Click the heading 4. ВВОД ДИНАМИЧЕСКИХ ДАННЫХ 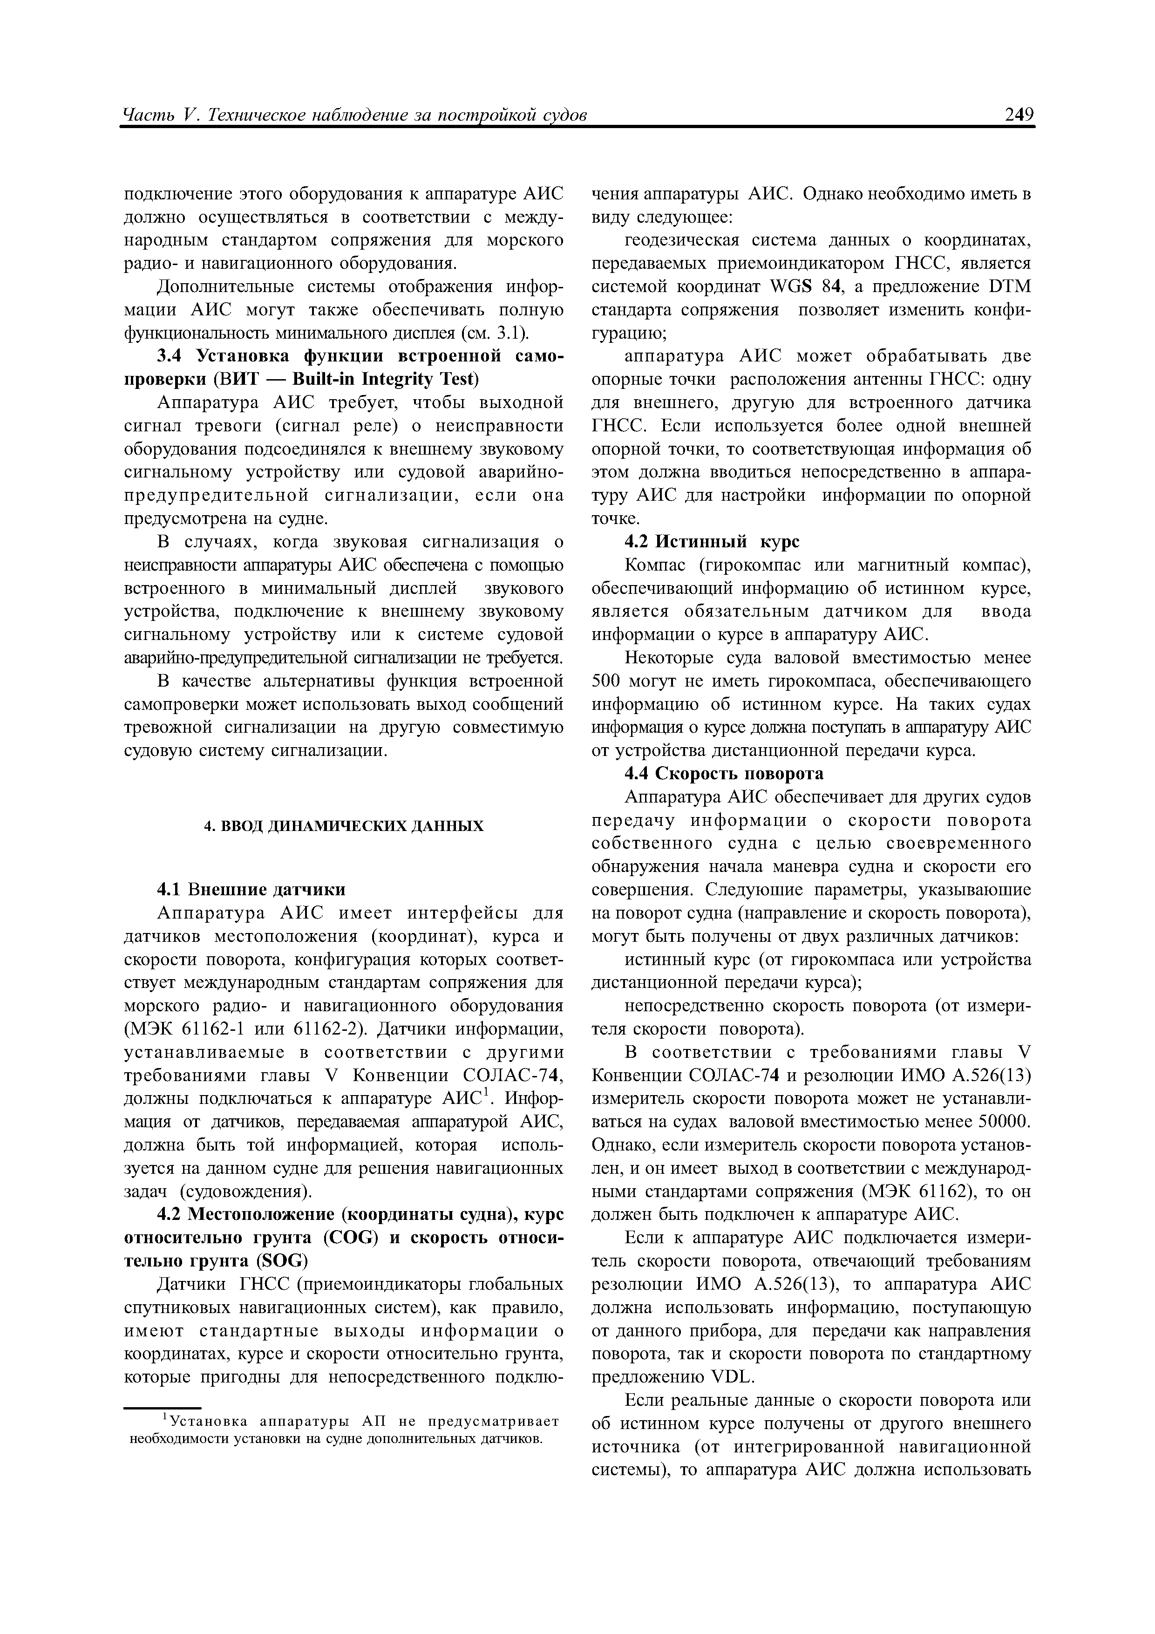(344, 825)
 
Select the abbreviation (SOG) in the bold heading (281, 1261)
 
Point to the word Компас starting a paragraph (655, 565)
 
